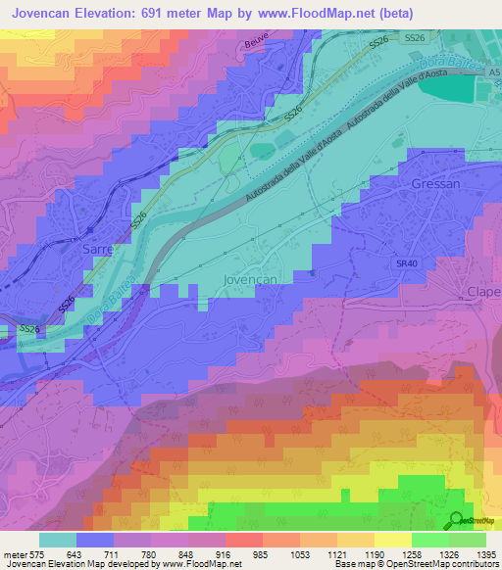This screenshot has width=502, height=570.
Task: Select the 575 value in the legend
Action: tap(36, 555)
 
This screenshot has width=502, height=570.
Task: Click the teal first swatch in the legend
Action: tap(58, 540)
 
